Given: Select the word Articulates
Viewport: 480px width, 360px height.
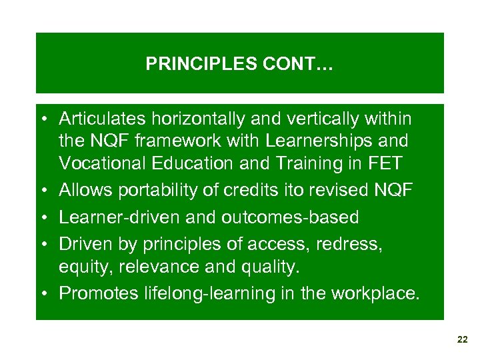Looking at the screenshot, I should tap(101, 119).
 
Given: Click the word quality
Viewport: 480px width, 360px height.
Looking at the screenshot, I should tap(272, 267).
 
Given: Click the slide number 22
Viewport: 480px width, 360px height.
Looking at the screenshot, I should tap(463, 340).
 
